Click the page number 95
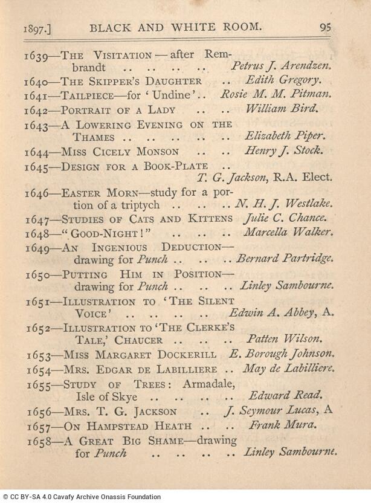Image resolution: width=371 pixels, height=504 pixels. (x=325, y=27)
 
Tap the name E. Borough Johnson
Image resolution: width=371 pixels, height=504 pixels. (x=290, y=354)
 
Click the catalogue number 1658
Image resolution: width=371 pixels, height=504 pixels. (x=37, y=440)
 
